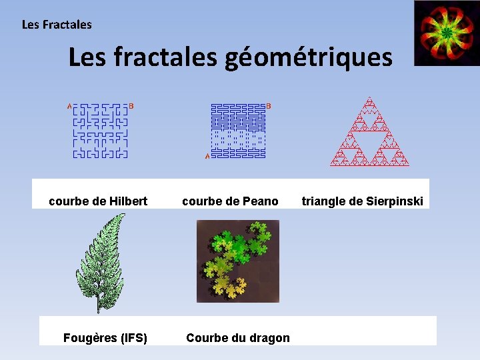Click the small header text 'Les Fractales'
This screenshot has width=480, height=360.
pos(57,25)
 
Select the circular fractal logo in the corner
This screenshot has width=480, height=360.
pos(445,33)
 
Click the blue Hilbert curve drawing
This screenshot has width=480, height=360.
pos(99,131)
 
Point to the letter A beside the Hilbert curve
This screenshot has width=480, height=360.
pos(69,105)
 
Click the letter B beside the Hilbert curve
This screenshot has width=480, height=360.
pos(131,105)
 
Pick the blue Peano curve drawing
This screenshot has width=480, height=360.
pos(238,131)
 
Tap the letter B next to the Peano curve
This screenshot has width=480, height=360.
pos(269,105)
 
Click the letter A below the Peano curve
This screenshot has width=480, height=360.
pos(207,157)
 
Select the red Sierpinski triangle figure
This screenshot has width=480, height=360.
pos(369,133)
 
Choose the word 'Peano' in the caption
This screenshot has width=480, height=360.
pos(261,201)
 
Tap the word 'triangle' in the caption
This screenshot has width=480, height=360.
pos(324,201)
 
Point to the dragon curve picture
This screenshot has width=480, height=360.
pos(238,261)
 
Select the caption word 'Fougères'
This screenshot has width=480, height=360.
pos(89,337)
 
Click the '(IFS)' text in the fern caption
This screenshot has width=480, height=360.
pos(132,337)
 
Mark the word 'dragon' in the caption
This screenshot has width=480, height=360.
pos(269,337)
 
